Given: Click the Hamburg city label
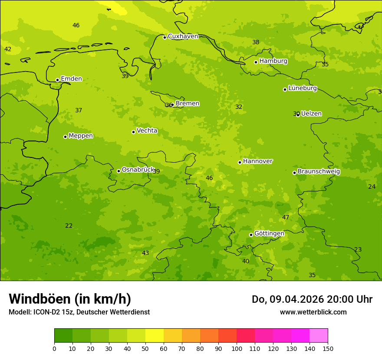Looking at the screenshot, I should tap(273, 61).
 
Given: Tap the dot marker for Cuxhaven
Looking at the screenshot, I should tap(165, 37).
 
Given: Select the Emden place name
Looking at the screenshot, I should tap(71, 79).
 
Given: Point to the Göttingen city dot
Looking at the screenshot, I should tap(251, 235).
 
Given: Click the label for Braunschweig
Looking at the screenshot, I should tap(319, 172).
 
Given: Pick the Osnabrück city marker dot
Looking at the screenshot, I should tap(119, 171).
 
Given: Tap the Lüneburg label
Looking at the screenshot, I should tap(302, 88).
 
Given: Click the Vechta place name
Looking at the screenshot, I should tap(147, 131).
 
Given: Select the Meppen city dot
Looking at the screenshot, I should tap(65, 137).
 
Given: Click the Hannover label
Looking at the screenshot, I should tap(257, 161).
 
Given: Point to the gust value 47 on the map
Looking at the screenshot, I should tap(286, 217).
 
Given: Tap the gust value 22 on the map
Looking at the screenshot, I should tap(69, 226).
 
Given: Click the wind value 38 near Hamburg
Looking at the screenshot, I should tap(256, 42).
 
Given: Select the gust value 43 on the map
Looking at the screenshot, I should tap(145, 253).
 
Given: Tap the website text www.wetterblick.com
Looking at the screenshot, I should tap(313, 312).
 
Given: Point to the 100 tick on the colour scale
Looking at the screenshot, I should tap(237, 348).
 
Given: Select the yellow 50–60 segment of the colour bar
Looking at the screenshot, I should tap(155, 336).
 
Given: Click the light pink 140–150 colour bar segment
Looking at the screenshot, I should tap(319, 336).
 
